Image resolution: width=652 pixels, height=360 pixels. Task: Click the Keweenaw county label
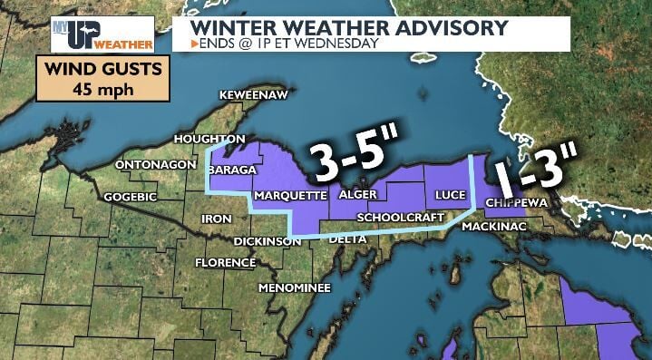(255, 95)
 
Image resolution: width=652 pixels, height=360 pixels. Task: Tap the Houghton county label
(209, 139)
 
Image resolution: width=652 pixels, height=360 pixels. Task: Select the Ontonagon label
(155, 165)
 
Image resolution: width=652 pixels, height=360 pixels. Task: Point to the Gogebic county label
(131, 197)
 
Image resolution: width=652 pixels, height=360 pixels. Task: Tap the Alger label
(357, 195)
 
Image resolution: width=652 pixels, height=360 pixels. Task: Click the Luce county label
(450, 195)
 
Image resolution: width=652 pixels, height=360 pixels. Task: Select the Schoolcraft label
(400, 218)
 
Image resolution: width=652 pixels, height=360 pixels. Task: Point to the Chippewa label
(517, 202)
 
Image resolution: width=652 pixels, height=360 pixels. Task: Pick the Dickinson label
(267, 241)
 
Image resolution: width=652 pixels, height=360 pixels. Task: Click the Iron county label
(217, 219)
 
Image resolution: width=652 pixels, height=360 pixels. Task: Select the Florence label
(225, 263)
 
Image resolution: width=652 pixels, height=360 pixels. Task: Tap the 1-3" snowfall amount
(535, 169)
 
